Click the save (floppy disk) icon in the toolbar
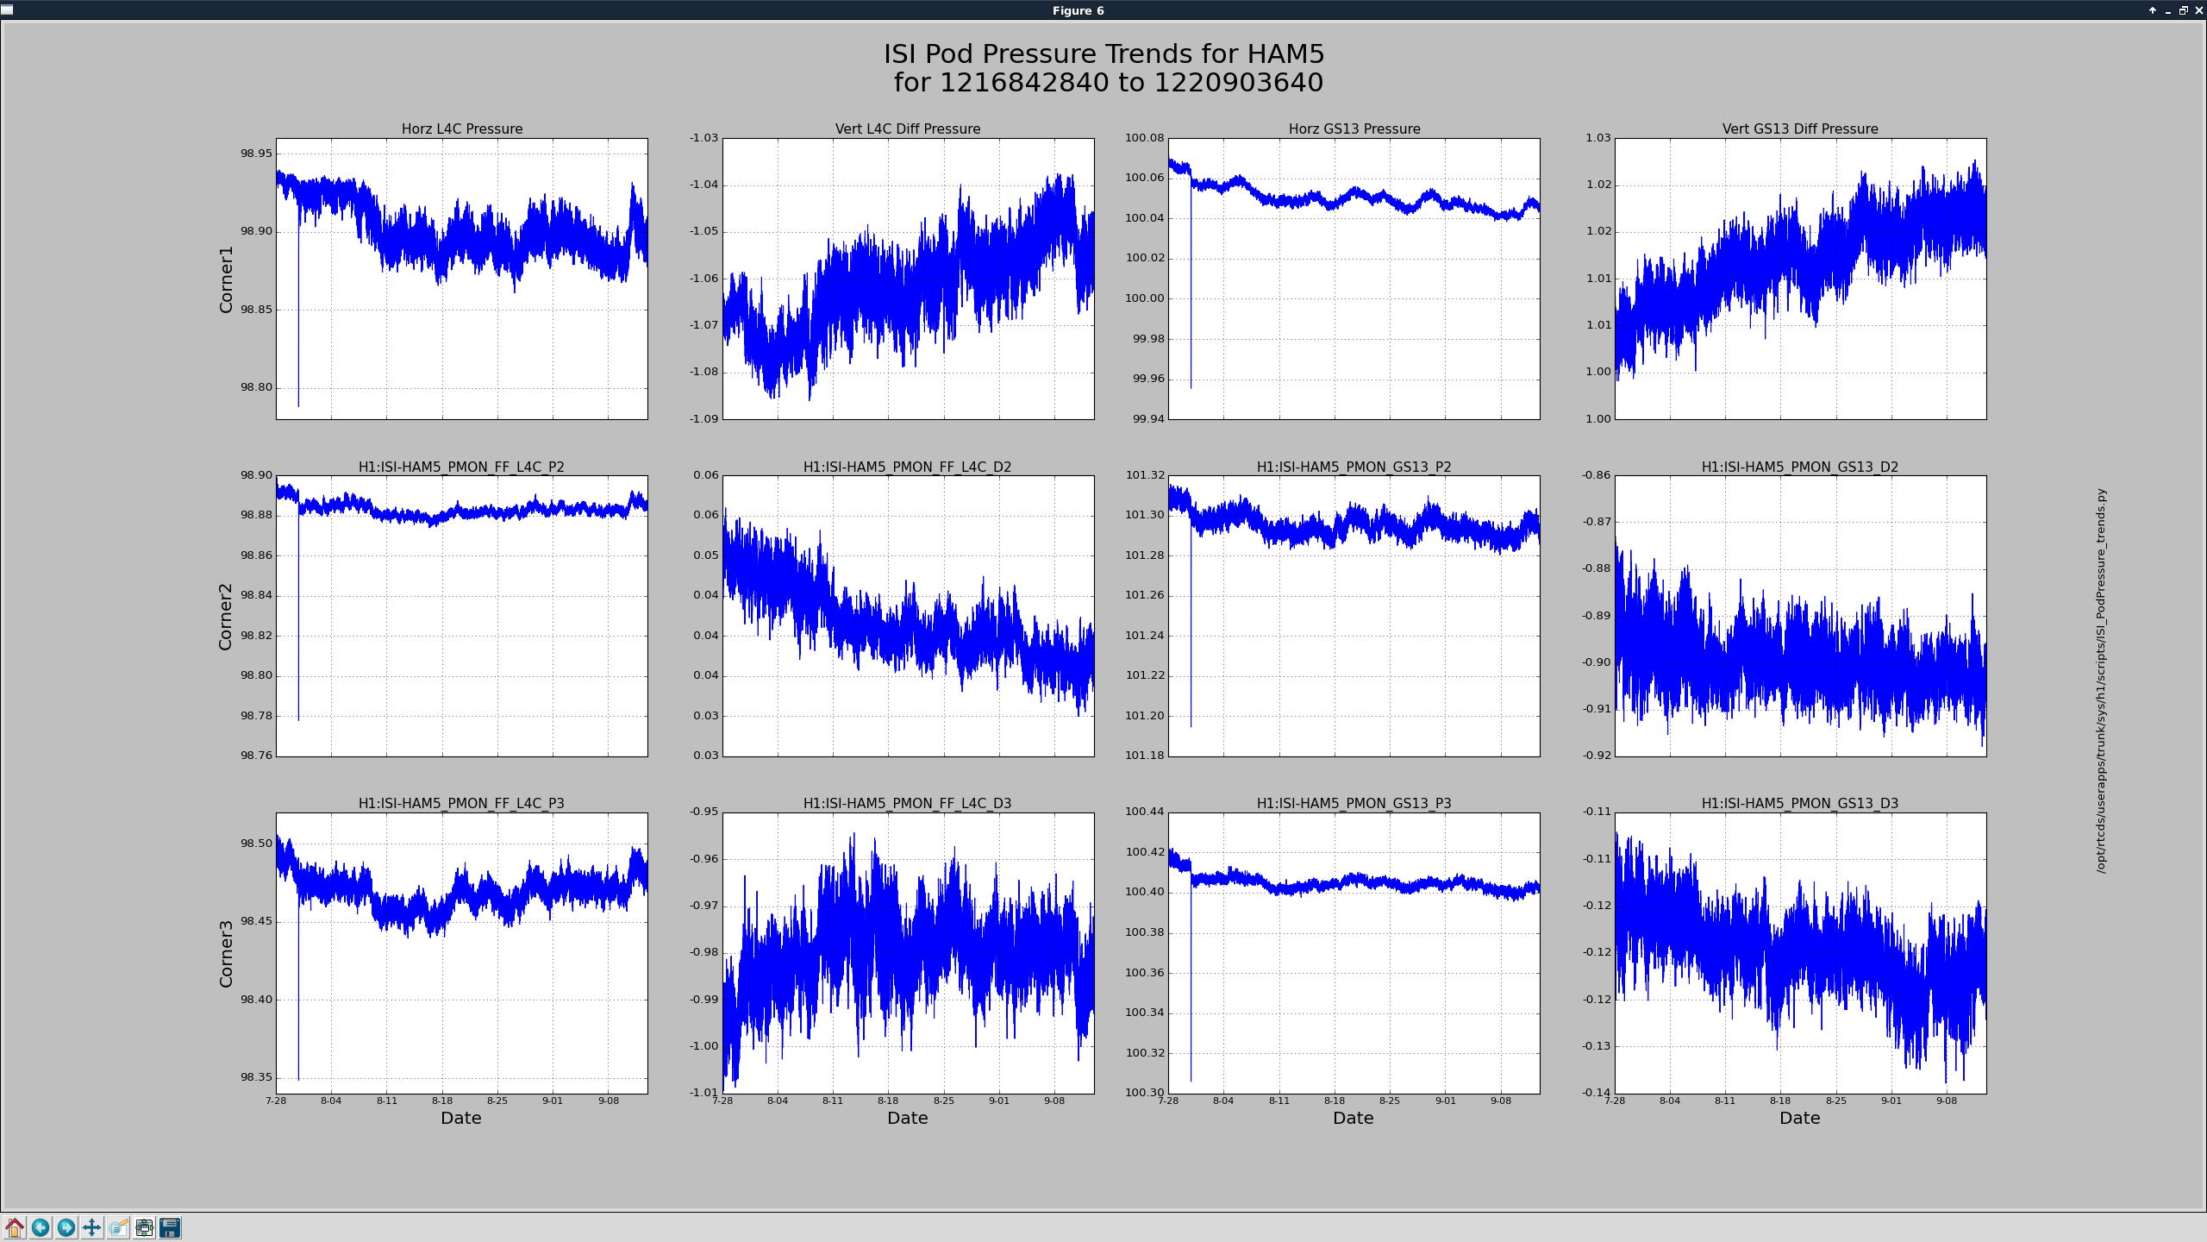[x=170, y=1227]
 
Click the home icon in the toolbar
[x=15, y=1227]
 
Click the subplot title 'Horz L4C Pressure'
[x=462, y=129]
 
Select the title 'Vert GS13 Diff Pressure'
[x=1800, y=129]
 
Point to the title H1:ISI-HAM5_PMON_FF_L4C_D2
[x=908, y=467]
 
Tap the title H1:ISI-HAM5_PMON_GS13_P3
[x=1354, y=803]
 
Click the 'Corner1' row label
[x=226, y=279]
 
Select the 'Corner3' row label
[x=226, y=954]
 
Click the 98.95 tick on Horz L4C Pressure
[x=256, y=154]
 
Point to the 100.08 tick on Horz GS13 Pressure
[x=1144, y=138]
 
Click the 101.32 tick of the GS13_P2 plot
[x=1145, y=475]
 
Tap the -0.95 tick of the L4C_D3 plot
[x=703, y=812]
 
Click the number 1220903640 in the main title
[x=1238, y=83]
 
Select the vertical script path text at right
[x=2101, y=681]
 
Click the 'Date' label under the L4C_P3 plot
[x=461, y=1118]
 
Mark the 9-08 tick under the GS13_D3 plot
[x=1947, y=1101]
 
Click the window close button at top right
[x=2198, y=10]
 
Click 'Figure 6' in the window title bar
[x=1078, y=10]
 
